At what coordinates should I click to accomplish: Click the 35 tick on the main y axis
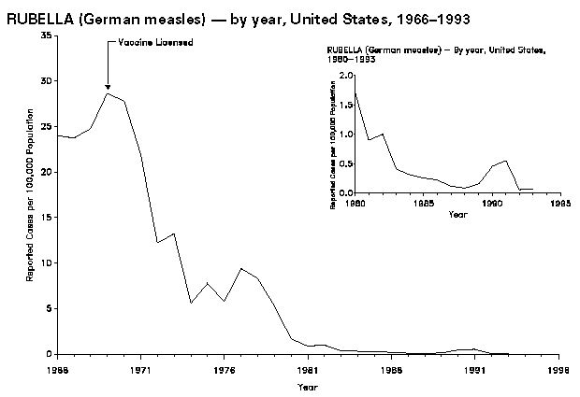tap(46, 35)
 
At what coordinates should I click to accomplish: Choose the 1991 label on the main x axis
tap(474, 369)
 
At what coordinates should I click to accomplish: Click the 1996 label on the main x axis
tap(558, 369)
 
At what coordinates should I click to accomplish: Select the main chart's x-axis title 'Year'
tap(307, 387)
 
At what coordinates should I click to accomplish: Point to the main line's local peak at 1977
tap(240, 269)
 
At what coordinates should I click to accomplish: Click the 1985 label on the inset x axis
tap(424, 202)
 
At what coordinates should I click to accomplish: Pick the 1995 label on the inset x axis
tap(561, 202)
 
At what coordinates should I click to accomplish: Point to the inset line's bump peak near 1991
tap(506, 161)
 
